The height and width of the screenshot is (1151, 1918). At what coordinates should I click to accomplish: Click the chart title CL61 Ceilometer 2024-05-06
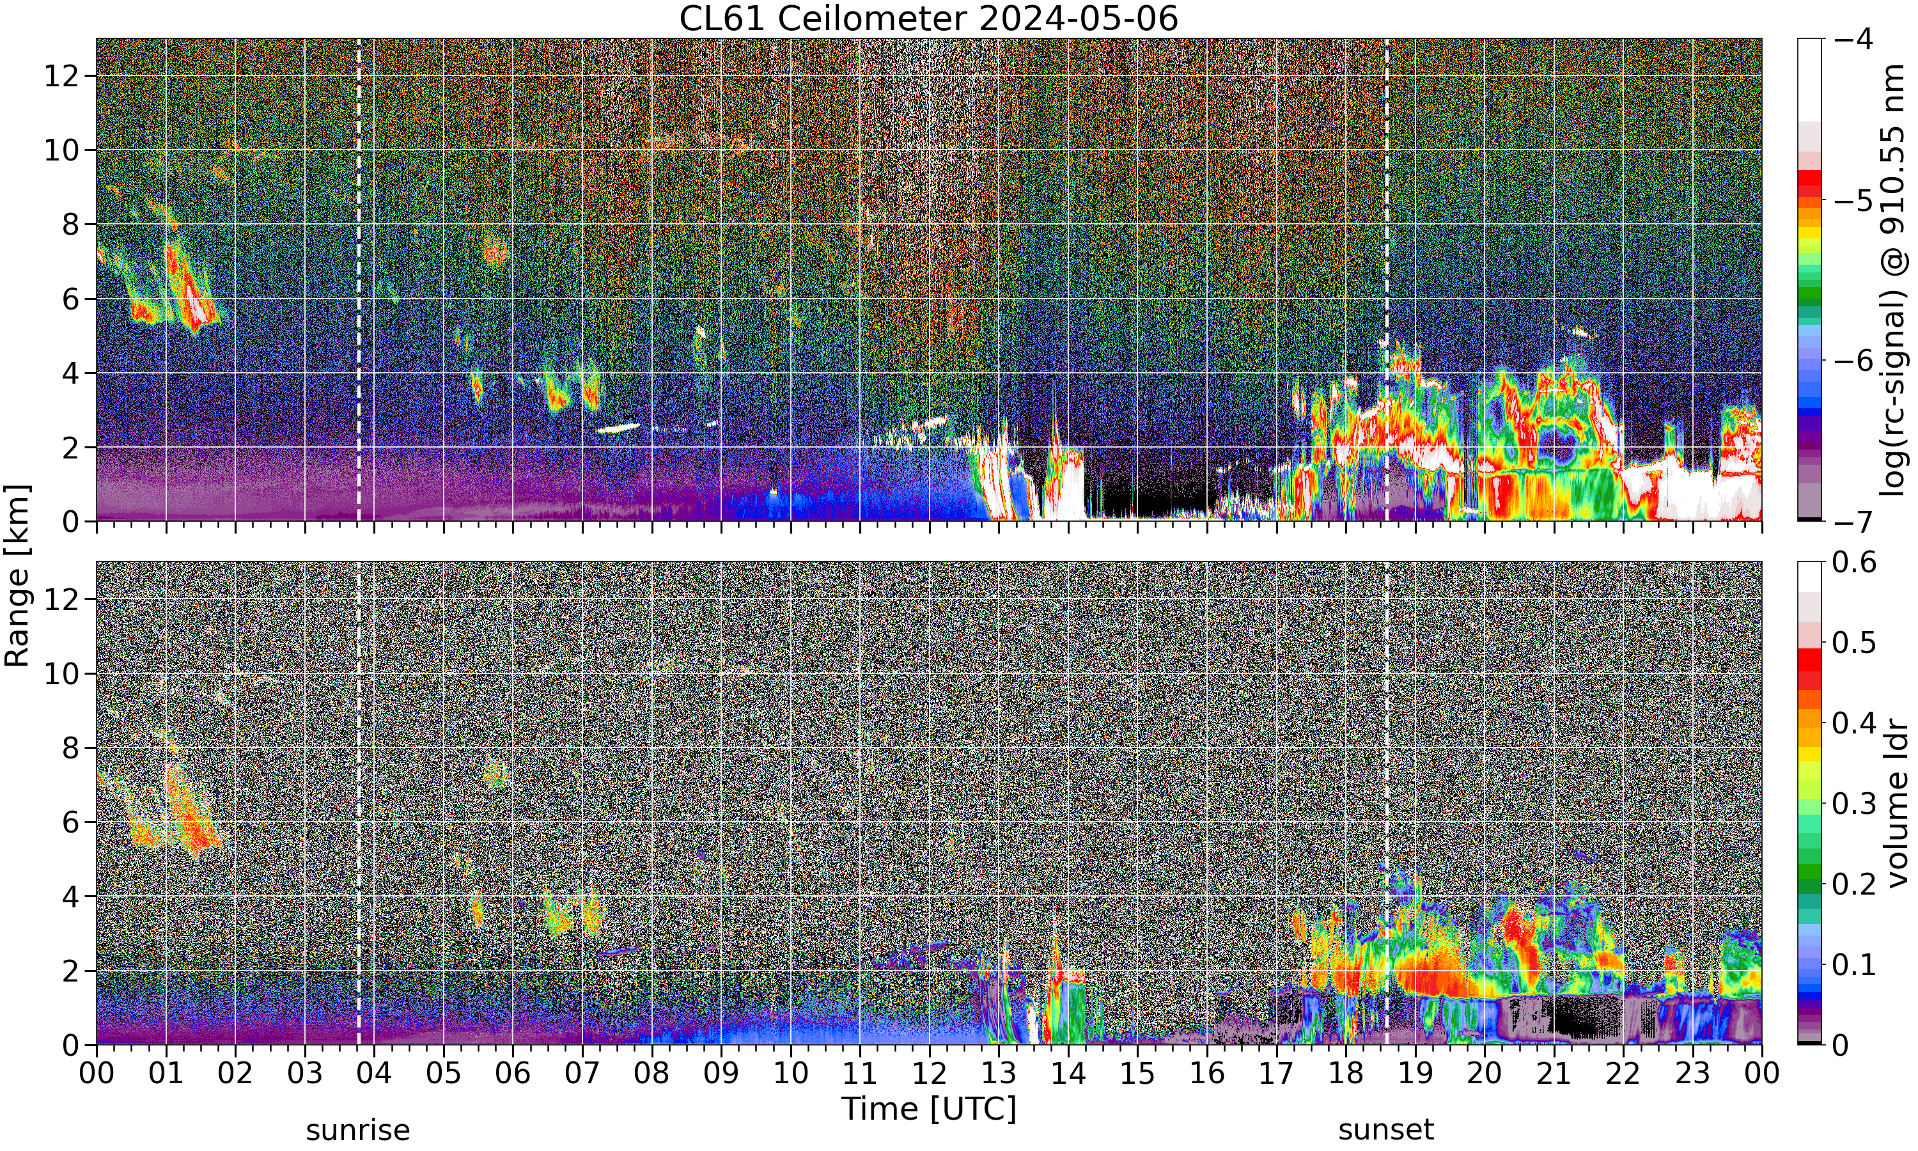click(x=928, y=19)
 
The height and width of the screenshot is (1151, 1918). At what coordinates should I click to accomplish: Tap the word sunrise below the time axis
click(x=357, y=1130)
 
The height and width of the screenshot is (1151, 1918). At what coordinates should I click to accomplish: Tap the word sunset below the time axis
click(x=1386, y=1130)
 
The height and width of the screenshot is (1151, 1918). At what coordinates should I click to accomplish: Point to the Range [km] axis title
click(x=17, y=575)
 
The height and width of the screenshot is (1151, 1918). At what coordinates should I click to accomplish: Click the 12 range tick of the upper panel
click(x=61, y=76)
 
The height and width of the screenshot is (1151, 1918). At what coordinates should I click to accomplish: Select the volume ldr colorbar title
click(x=1896, y=804)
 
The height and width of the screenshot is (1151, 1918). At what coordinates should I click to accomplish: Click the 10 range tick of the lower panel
click(x=61, y=673)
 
